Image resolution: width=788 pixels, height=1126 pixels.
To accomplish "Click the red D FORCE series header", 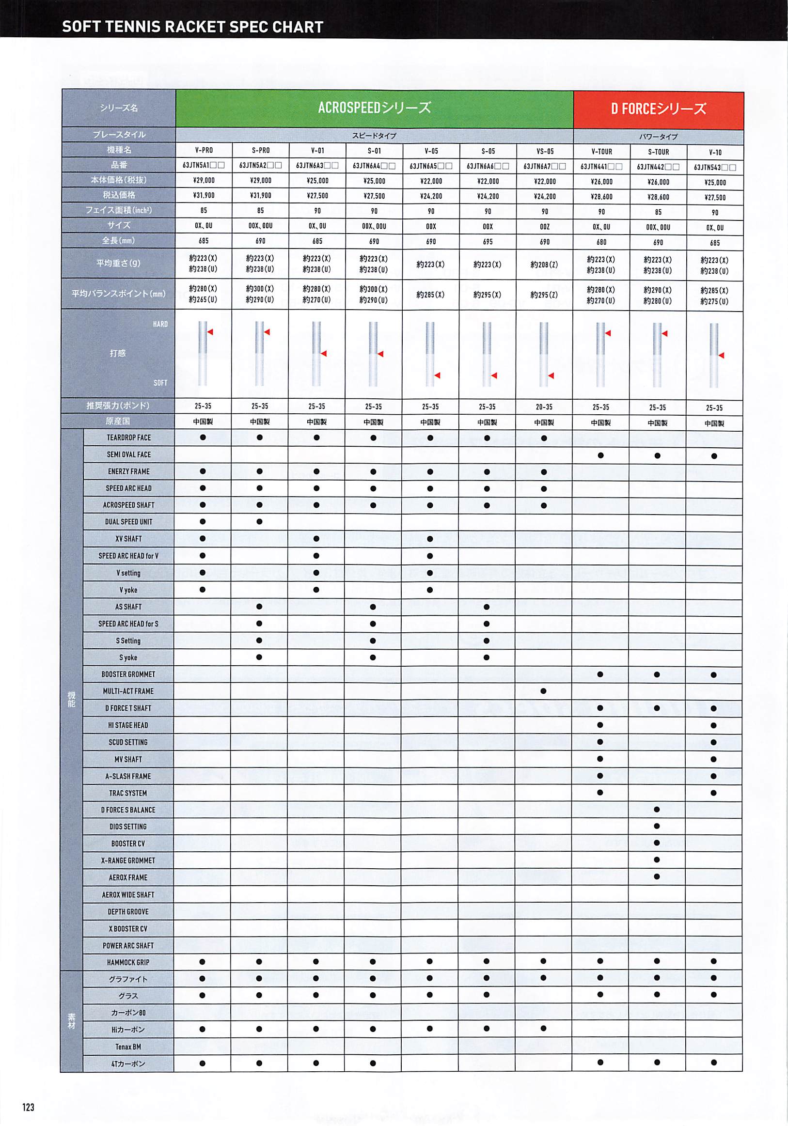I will click(658, 109).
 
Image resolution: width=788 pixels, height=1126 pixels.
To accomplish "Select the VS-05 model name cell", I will click(544, 151).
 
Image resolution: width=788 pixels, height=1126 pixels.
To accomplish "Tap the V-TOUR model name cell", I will click(601, 152).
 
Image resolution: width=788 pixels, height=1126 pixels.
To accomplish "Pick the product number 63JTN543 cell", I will click(714, 168).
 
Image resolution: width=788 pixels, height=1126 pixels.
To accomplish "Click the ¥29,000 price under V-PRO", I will click(204, 180).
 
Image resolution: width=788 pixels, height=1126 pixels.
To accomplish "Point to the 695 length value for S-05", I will click(487, 242).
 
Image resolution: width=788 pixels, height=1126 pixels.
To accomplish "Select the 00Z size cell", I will click(544, 227).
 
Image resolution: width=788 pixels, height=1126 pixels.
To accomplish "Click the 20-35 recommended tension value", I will click(544, 407).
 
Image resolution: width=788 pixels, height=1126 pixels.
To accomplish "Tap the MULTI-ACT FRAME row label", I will click(128, 691).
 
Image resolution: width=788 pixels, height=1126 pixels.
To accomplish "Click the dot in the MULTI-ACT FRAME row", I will click(543, 691).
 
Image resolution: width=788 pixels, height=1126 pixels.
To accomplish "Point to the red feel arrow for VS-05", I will click(551, 375).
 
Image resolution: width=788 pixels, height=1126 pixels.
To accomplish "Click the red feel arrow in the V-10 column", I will click(721, 355).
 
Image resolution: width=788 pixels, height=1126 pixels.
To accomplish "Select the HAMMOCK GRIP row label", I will click(128, 962).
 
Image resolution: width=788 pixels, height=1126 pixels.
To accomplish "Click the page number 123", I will click(28, 1107).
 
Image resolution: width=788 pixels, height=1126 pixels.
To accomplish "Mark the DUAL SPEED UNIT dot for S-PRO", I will click(260, 522).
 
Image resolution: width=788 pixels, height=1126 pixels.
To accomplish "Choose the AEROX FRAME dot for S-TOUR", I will click(657, 876).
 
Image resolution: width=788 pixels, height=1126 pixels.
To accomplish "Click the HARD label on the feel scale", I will click(160, 324).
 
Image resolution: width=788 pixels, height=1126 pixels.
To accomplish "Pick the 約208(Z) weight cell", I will click(544, 265).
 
